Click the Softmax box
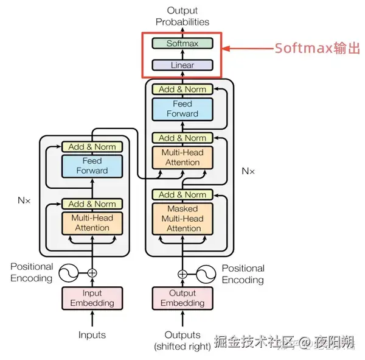pyautogui.click(x=182, y=44)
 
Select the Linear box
pyautogui.click(x=182, y=65)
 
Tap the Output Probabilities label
pyautogui.click(x=182, y=16)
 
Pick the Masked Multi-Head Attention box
pyautogui.click(x=183, y=219)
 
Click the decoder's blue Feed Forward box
pyautogui.click(x=182, y=108)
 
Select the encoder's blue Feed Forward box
pyautogui.click(x=92, y=166)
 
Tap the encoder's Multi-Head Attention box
pyautogui.click(x=92, y=222)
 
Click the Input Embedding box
pyautogui.click(x=92, y=298)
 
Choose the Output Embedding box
pyautogui.click(x=182, y=298)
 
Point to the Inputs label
pyautogui.click(x=92, y=335)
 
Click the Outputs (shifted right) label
pyautogui.click(x=182, y=341)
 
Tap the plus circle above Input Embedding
pyautogui.click(x=92, y=273)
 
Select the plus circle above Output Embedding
pyautogui.click(x=182, y=274)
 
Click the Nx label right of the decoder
pyautogui.click(x=248, y=171)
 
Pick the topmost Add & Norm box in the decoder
pyautogui.click(x=182, y=89)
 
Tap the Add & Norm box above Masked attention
pyautogui.click(x=182, y=194)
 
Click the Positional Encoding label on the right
pyautogui.click(x=243, y=274)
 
